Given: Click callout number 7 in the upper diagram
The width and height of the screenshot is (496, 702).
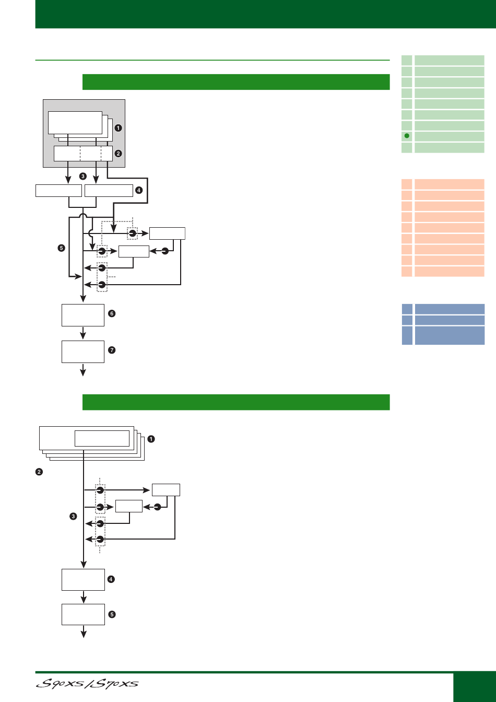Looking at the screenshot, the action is point(112,350).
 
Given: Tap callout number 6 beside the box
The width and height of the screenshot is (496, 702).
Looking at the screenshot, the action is point(112,313).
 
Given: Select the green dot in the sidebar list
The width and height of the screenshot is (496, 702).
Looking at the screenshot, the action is point(407,136).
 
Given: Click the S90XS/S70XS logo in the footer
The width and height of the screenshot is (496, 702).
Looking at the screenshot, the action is point(87,684).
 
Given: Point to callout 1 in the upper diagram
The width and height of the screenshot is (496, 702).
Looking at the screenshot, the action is point(118,128).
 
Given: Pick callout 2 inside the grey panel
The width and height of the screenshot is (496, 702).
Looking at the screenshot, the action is point(118,154).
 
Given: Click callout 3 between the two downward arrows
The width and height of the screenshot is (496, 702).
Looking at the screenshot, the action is point(82,176).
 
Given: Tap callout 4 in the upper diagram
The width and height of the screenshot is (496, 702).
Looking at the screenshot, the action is point(139,190).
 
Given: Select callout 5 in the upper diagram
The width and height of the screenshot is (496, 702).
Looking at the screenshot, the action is point(62,248).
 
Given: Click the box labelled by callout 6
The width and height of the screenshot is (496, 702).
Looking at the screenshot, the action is point(83,315).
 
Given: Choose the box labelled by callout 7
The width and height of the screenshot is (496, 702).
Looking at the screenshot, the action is point(83,352).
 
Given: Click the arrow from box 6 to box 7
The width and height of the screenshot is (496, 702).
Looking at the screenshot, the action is point(83,333).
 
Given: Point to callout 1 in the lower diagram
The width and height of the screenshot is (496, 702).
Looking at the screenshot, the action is point(151,439).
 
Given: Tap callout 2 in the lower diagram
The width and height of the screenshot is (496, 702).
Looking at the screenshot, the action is point(39,472).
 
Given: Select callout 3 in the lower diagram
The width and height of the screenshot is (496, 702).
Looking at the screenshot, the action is point(73,516).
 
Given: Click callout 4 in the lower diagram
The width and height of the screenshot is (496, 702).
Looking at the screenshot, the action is point(111,579).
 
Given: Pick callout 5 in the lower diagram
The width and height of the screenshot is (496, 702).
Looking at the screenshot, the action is point(112,614).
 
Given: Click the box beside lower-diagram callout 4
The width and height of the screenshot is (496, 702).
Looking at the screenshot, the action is point(84,579).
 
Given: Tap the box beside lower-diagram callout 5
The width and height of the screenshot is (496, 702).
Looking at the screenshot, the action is point(84,614).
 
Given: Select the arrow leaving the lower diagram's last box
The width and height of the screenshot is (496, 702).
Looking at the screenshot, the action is point(84,631).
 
